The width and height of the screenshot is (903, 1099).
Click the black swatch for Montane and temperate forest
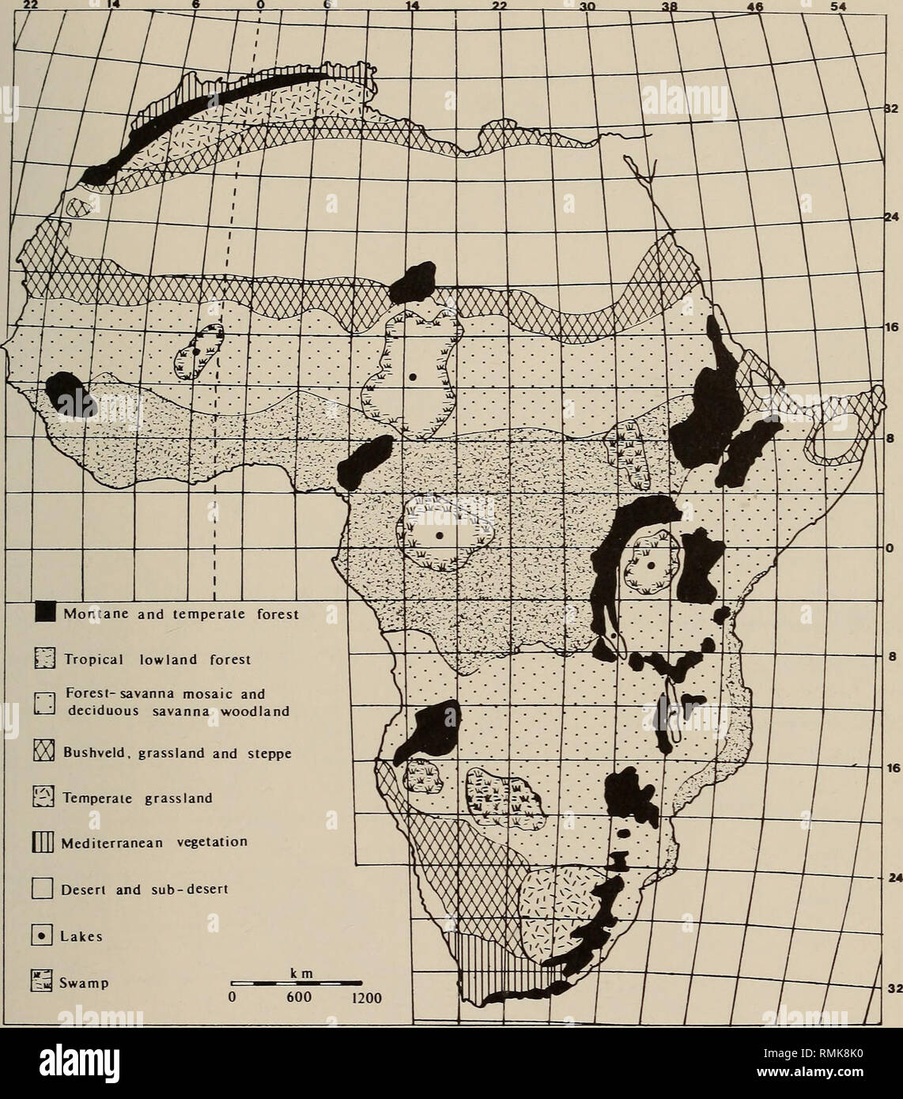[x=44, y=612]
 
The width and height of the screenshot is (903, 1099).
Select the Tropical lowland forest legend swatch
[x=44, y=659]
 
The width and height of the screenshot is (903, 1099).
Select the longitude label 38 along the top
[x=670, y=6]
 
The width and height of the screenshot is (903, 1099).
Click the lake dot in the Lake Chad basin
[x=413, y=377]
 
